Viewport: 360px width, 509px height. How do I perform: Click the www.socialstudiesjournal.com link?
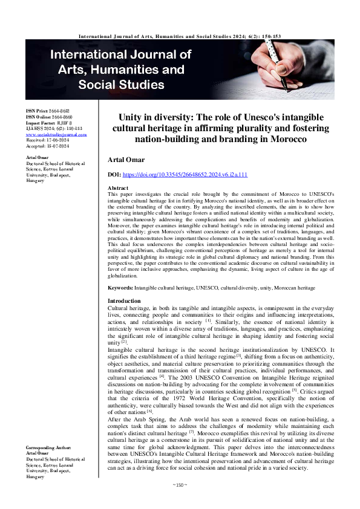pyautogui.click(x=52, y=134)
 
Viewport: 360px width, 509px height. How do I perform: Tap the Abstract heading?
pyautogui.click(x=117, y=189)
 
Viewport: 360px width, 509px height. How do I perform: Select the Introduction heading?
pyautogui.click(x=124, y=301)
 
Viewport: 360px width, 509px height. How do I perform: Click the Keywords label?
pyautogui.click(x=120, y=289)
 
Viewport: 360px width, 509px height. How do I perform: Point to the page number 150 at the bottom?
pyautogui.click(x=179, y=501)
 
